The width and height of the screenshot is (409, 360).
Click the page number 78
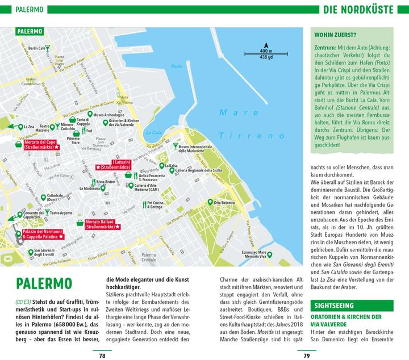[102, 355]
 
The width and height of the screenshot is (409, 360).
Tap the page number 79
[306, 355]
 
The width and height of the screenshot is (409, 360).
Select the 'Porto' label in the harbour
[177, 66]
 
